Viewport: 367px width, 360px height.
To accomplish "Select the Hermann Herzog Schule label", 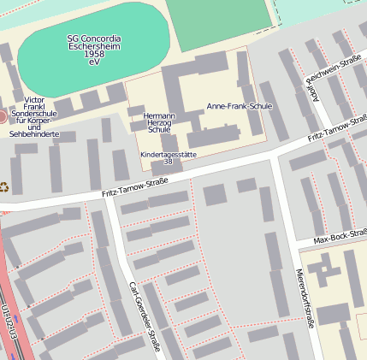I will tap(159, 122).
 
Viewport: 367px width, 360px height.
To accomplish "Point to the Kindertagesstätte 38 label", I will tap(168, 156).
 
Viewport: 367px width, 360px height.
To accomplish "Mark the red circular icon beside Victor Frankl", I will tap(3, 115).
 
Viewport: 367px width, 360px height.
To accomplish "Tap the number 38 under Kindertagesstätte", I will tap(168, 162).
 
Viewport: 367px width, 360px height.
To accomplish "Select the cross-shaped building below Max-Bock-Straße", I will tap(323, 271).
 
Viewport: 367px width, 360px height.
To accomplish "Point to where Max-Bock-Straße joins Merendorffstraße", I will tap(293, 245).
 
